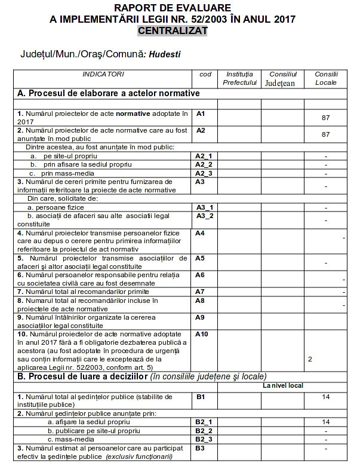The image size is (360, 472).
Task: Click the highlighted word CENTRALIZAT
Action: (x=172, y=30)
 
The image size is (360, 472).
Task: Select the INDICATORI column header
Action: (x=103, y=74)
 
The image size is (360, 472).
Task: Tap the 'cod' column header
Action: (x=205, y=74)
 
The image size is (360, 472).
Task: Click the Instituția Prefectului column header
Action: (x=239, y=78)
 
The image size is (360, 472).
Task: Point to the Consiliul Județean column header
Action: (x=280, y=78)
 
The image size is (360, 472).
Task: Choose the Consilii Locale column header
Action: (x=326, y=78)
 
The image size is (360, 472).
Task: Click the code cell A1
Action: (x=201, y=113)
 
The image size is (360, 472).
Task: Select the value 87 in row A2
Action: (x=326, y=134)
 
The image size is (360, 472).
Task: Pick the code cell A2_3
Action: (x=204, y=173)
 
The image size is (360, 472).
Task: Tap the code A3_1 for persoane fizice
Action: (x=204, y=207)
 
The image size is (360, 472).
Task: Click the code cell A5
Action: (x=201, y=258)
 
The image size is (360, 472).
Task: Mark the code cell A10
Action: (x=202, y=334)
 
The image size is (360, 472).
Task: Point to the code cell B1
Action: (x=201, y=396)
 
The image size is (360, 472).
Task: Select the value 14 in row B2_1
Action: (x=326, y=422)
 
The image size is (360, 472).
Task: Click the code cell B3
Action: (x=201, y=448)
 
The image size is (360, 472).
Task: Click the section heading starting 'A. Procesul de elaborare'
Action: (x=109, y=93)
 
